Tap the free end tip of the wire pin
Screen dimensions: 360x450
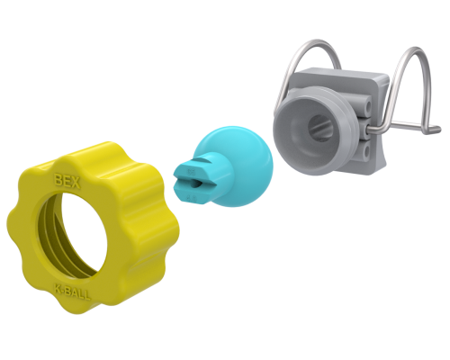439,131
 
